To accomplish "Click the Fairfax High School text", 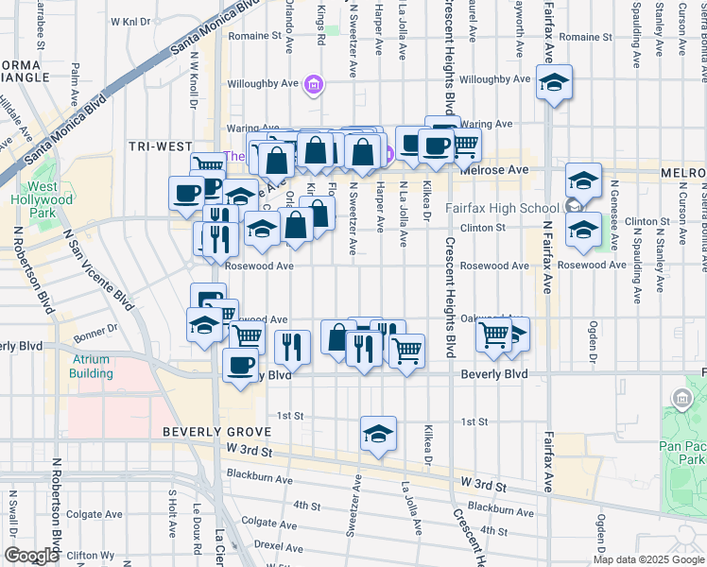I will pyautogui.click(x=513, y=209).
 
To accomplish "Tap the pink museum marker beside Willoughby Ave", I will pyautogui.click(x=315, y=87).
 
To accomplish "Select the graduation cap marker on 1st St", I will pyautogui.click(x=378, y=434).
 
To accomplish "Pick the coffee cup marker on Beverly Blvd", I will pyautogui.click(x=240, y=364).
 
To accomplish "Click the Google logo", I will pyautogui.click(x=31, y=556).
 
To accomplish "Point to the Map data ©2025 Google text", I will pyautogui.click(x=648, y=559).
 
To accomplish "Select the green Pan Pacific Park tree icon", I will pyautogui.click(x=681, y=397).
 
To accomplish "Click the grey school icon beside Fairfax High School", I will pyautogui.click(x=571, y=207).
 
